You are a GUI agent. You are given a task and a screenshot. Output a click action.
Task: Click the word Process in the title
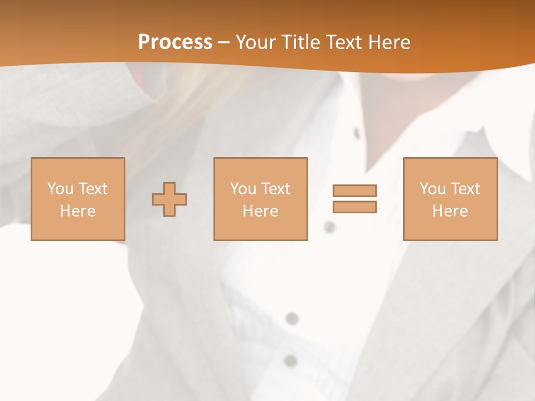(175, 42)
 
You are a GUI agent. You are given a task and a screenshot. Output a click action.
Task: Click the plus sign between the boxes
(169, 199)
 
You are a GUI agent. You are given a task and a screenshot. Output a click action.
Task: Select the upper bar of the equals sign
(354, 190)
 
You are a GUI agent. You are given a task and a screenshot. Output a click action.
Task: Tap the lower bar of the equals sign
(354, 207)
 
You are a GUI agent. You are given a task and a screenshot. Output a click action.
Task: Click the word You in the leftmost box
(60, 189)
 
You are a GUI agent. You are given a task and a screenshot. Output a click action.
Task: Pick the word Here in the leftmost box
(77, 211)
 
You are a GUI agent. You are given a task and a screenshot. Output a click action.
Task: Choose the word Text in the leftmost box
(92, 189)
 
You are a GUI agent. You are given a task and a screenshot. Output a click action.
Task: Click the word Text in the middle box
(275, 189)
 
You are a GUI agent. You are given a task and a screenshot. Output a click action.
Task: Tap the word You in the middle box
(243, 189)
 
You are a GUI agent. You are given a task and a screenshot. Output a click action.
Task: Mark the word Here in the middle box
(260, 211)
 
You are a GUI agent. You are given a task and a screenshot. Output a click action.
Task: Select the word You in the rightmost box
(432, 189)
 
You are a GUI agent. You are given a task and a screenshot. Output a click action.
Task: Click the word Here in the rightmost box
(450, 211)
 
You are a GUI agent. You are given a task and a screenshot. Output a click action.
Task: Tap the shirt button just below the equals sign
(329, 227)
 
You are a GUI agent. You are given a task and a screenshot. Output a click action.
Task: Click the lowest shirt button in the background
(290, 360)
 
